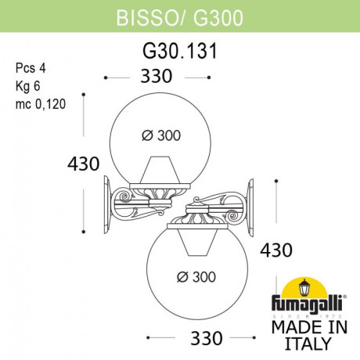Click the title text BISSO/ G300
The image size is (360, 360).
click(x=179, y=15)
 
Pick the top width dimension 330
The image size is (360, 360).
click(x=156, y=77)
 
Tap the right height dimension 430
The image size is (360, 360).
click(x=275, y=250)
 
